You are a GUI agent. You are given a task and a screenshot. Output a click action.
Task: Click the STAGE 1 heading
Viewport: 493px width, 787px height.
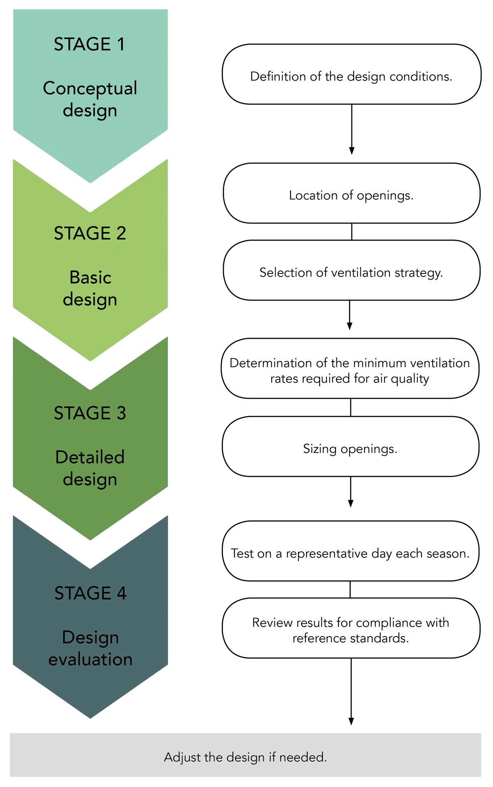pos(89,44)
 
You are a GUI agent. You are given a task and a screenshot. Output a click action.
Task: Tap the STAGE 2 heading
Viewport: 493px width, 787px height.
pos(90,234)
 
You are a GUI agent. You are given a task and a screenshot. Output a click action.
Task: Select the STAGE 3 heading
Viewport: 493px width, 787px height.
pos(90,413)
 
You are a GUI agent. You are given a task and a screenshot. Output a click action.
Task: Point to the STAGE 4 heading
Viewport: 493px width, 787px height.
pos(90,593)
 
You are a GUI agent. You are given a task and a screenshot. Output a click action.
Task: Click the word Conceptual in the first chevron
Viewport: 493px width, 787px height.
pos(90,89)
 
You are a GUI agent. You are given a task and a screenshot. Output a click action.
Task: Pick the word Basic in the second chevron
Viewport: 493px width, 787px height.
pos(90,278)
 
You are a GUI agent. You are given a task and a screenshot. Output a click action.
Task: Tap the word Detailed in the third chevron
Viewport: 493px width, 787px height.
pos(90,457)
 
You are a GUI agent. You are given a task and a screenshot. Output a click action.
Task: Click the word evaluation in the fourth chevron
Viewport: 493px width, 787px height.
pos(90,660)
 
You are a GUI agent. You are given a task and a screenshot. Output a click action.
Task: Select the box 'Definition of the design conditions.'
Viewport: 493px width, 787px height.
pos(351,74)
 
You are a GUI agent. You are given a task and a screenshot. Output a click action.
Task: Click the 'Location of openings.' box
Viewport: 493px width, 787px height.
pos(351,193)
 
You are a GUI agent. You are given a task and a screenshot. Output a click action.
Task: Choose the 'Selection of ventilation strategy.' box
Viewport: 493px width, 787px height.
pos(351,271)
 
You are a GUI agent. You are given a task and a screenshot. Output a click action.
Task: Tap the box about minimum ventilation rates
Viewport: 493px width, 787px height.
pos(350,369)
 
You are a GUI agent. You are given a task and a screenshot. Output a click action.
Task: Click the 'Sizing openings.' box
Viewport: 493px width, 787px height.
pos(350,447)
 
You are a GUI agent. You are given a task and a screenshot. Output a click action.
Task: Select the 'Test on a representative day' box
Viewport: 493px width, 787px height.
pos(350,551)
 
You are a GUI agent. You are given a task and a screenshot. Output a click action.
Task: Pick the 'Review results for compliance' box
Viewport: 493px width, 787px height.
pos(350,628)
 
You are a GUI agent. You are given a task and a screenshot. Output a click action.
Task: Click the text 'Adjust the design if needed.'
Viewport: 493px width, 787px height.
pos(245,757)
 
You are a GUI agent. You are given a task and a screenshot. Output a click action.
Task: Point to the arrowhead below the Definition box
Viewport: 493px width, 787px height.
pos(352,150)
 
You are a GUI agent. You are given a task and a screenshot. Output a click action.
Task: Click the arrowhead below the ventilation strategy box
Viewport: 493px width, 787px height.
pos(350,326)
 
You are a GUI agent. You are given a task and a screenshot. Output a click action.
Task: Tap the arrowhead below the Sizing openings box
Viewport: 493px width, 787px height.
pos(350,503)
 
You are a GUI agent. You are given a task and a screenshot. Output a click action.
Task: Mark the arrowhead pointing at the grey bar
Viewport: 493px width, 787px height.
pos(351,721)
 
